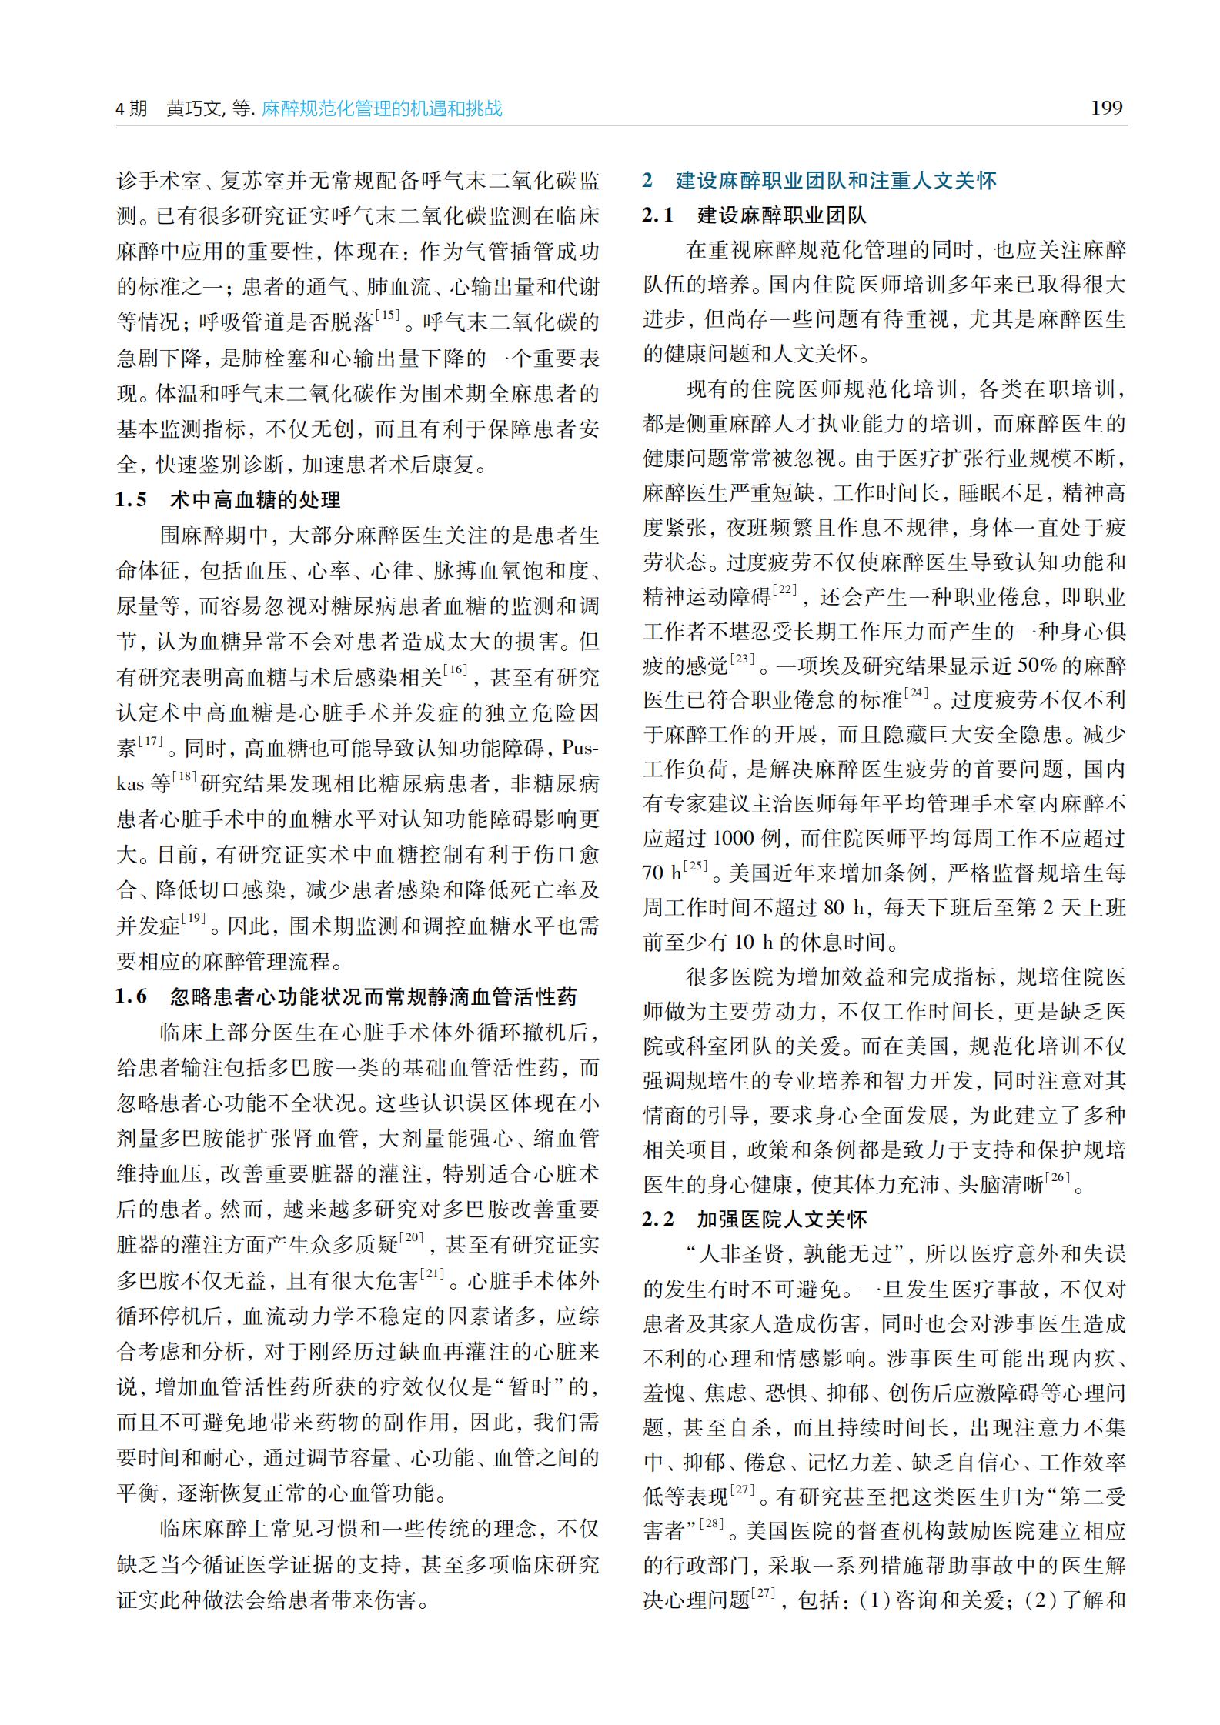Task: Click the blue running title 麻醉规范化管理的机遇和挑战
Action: tap(382, 108)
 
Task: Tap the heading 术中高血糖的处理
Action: tap(255, 501)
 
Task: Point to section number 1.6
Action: tap(132, 997)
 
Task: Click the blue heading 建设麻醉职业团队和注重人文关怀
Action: tap(836, 181)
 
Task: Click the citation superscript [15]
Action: tap(386, 315)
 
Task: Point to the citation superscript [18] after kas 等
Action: tap(186, 777)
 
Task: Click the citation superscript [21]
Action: tap(433, 1275)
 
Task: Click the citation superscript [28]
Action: tap(714, 1523)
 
